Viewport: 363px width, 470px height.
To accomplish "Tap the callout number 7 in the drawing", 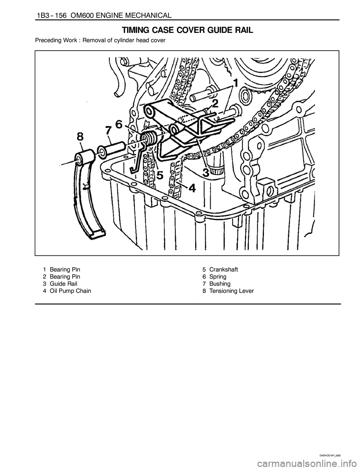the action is click(x=108, y=131).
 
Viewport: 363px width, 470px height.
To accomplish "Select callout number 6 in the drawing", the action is click(x=119, y=125).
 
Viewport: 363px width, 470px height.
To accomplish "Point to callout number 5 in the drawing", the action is click(x=160, y=175).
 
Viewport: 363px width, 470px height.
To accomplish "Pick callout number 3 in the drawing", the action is click(x=206, y=173).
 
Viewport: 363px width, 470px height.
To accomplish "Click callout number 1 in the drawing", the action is click(x=236, y=83).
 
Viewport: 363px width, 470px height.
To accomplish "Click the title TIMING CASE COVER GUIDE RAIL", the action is click(x=187, y=31).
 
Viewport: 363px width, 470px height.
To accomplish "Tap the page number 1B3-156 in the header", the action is click(x=51, y=16).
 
